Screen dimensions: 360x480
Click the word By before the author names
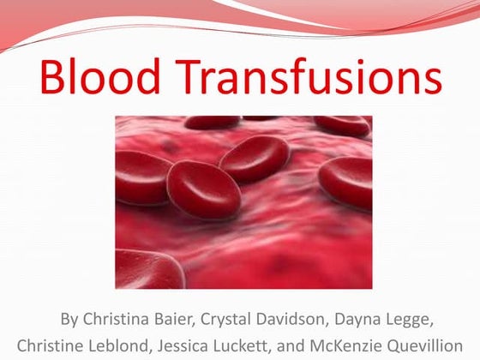pyautogui.click(x=69, y=320)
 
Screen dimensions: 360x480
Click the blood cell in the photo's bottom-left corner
pyautogui.click(x=146, y=270)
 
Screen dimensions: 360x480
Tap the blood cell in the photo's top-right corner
pyautogui.click(x=343, y=123)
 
